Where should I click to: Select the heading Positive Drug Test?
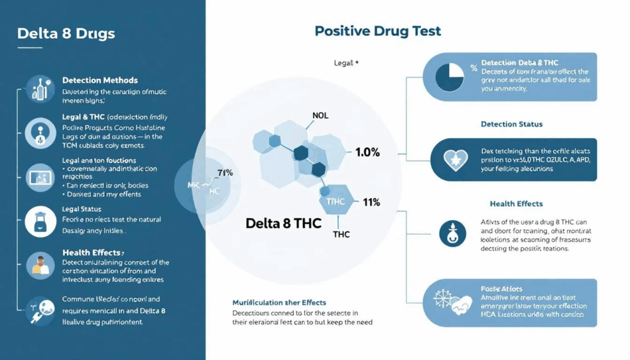[378, 30]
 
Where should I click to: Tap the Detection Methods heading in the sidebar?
[100, 81]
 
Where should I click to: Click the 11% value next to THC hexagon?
[372, 202]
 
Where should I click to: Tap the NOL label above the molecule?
[321, 116]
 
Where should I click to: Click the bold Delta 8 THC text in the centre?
[283, 223]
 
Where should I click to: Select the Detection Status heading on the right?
[511, 124]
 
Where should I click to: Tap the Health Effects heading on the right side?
[516, 204]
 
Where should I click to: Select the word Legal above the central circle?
[343, 63]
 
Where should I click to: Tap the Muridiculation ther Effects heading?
[279, 302]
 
